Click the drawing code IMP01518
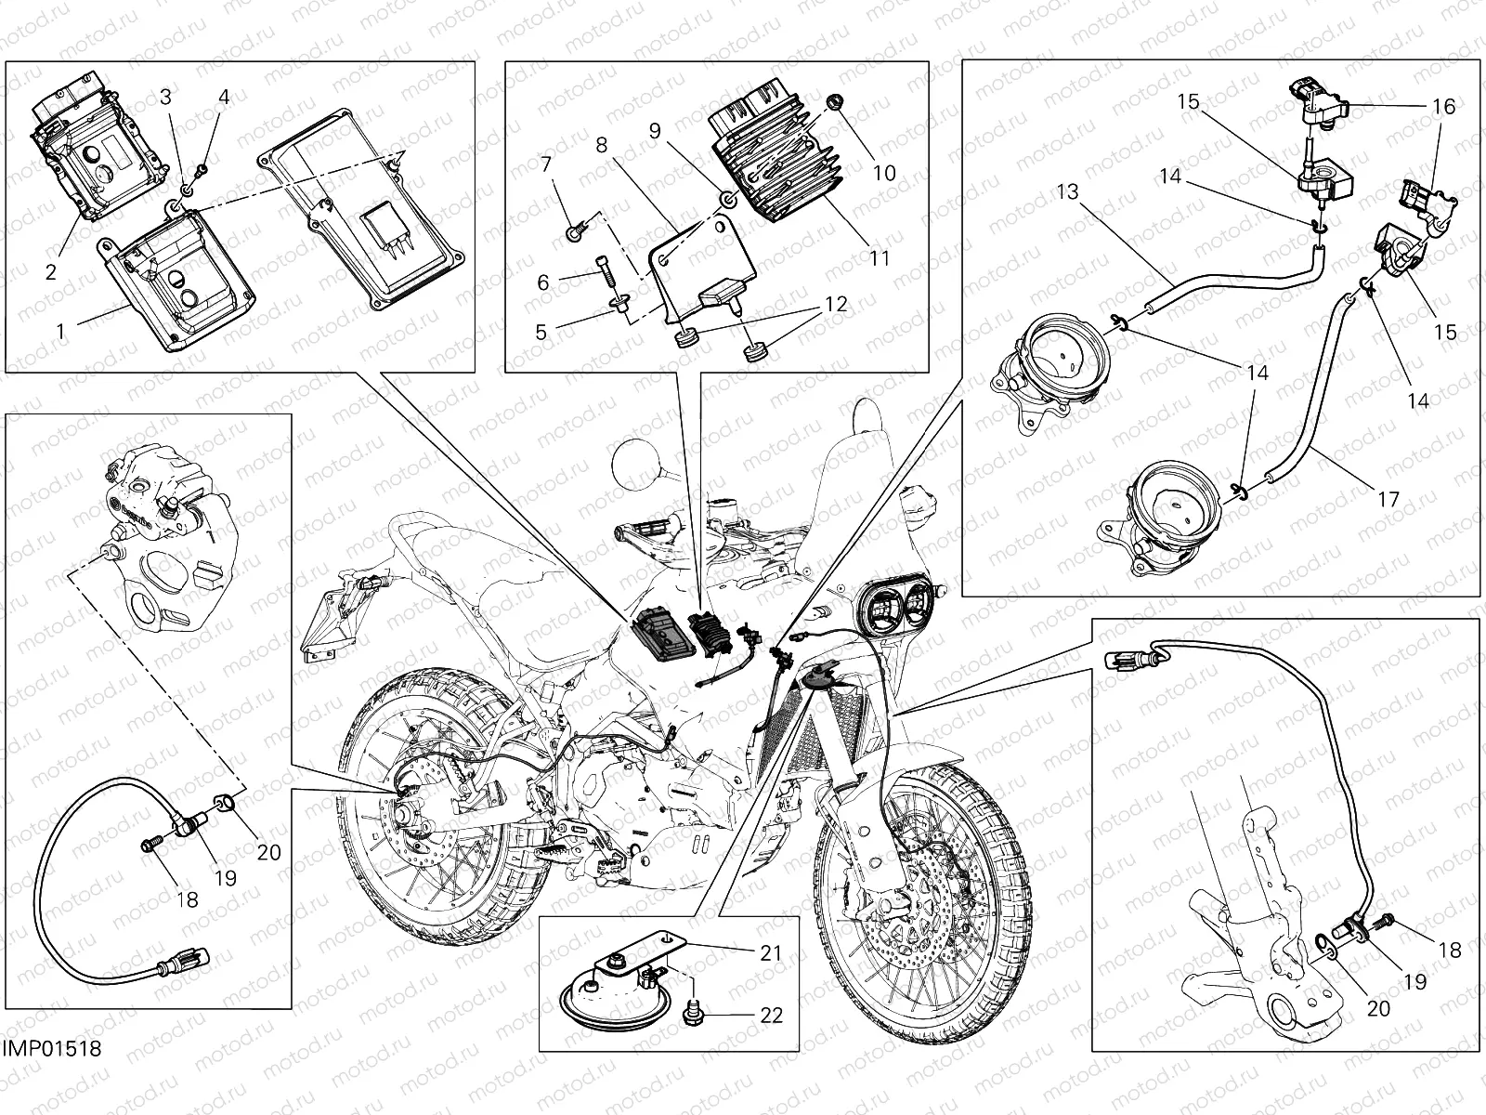tap(51, 1049)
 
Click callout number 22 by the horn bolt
tap(771, 1015)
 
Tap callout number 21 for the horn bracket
tap(771, 952)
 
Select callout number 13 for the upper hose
tap(1068, 192)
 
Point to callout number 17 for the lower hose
tap(1388, 500)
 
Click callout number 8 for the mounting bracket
tap(602, 146)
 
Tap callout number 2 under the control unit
tap(50, 271)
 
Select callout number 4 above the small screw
tap(224, 97)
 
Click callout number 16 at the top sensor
tap(1443, 108)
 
